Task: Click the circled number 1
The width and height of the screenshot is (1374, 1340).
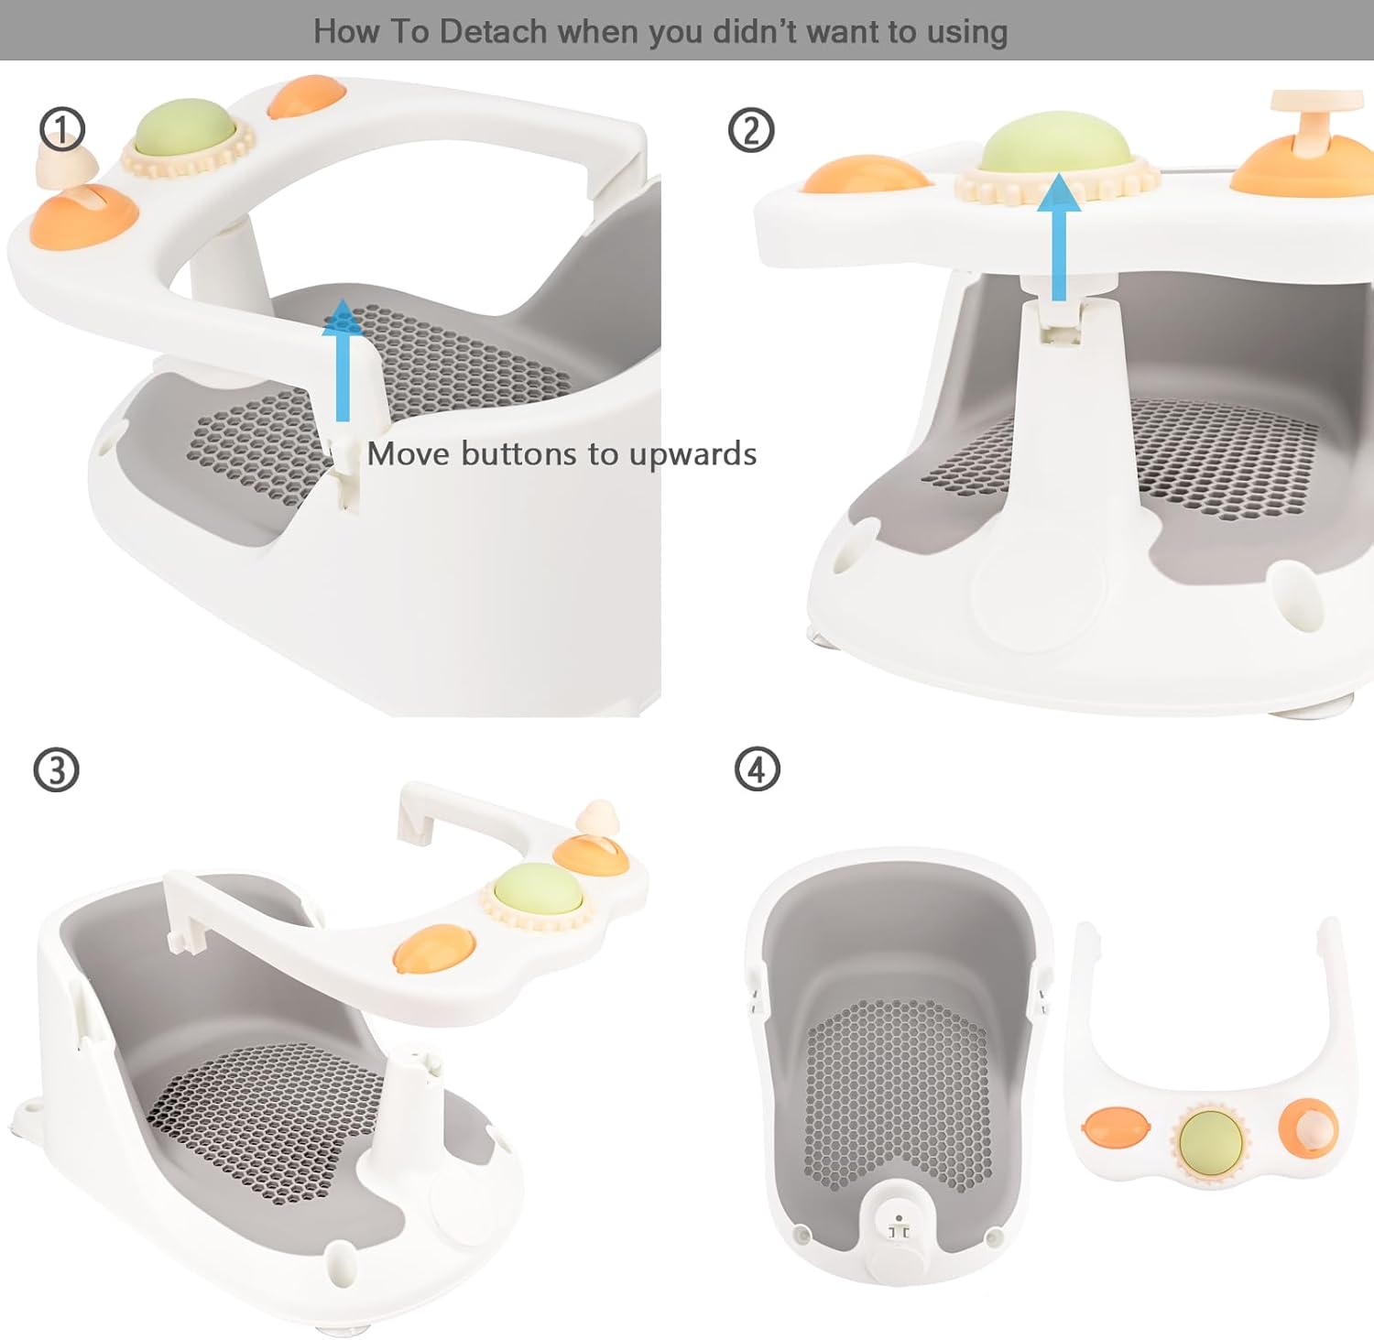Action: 62,129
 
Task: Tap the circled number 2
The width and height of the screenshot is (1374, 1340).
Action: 751,130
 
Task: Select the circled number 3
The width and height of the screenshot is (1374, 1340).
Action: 56,770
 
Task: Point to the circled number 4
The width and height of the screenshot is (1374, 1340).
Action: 758,769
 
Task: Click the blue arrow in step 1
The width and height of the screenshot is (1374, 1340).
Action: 343,362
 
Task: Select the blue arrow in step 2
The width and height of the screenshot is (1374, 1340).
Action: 1060,238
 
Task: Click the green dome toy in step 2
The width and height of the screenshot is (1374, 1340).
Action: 1056,145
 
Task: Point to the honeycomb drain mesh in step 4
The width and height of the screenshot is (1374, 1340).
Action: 898,1090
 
